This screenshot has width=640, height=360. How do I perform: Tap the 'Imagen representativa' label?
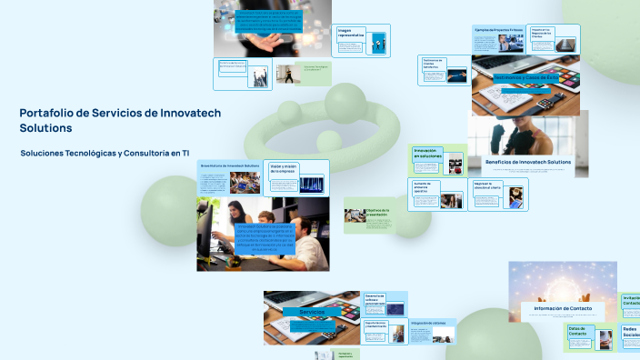[x=351, y=34]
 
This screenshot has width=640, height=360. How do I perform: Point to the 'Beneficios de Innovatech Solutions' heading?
[x=527, y=162]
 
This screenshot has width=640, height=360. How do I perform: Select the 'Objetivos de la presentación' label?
[x=376, y=213]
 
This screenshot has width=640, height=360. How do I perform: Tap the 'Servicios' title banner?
[x=312, y=312]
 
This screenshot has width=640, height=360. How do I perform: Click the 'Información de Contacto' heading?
[x=562, y=308]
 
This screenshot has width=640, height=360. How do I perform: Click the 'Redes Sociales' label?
[x=630, y=333]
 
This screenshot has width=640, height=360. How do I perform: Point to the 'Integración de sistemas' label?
[x=426, y=323]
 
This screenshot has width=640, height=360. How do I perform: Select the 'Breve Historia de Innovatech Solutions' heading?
[x=229, y=165]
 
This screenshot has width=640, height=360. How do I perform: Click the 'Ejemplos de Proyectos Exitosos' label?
[x=498, y=29]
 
